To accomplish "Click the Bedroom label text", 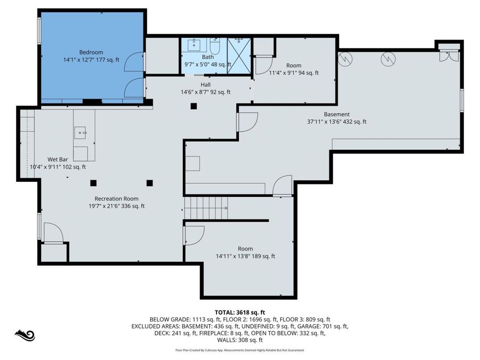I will click(91, 52).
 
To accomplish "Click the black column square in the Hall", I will click(194, 106).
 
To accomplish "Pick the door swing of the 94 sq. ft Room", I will click(262, 65).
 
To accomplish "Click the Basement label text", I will click(337, 114).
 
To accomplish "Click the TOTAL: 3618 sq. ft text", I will click(239, 312).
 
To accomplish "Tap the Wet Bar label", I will click(57, 159).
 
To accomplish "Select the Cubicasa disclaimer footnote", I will click(239, 350).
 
